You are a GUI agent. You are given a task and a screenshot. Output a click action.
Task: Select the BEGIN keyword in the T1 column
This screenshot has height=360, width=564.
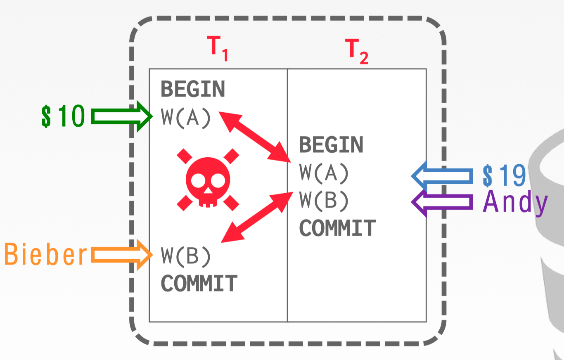193,89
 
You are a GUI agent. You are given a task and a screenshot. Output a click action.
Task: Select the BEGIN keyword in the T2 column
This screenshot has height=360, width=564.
331,144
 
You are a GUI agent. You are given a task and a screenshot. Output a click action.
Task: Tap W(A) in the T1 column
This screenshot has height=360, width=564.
186,118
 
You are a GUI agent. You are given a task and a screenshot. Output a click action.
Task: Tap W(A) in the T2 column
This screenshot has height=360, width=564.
324,173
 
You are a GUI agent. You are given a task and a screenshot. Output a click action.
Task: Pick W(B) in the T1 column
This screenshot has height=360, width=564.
186,256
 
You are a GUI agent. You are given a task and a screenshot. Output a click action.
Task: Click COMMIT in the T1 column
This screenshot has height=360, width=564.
199,283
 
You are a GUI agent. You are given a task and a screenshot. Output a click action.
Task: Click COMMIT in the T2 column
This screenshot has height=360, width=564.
337,228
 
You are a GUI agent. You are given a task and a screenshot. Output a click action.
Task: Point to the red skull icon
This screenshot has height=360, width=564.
208,179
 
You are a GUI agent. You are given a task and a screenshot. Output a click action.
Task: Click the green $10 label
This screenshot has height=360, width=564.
63,116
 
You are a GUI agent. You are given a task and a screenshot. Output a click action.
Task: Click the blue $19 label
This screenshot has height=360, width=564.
504,175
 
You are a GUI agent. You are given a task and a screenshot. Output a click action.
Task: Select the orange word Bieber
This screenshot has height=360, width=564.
46,255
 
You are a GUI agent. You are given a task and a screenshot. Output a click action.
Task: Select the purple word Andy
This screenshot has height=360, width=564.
515,202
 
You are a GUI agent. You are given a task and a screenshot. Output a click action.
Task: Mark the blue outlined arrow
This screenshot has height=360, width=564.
442,176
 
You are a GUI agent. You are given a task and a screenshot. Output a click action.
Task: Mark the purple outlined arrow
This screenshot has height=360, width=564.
442,202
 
